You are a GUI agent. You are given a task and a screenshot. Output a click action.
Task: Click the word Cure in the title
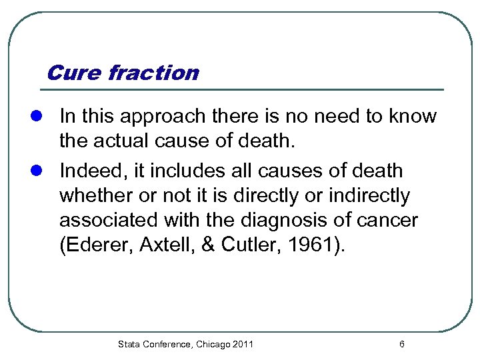pos(74,72)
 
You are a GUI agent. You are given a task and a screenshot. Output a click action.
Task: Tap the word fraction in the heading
pos(153,72)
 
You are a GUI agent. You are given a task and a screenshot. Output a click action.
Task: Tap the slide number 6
pos(401,345)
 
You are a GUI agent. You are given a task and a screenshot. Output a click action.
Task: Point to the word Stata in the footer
pos(129,345)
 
